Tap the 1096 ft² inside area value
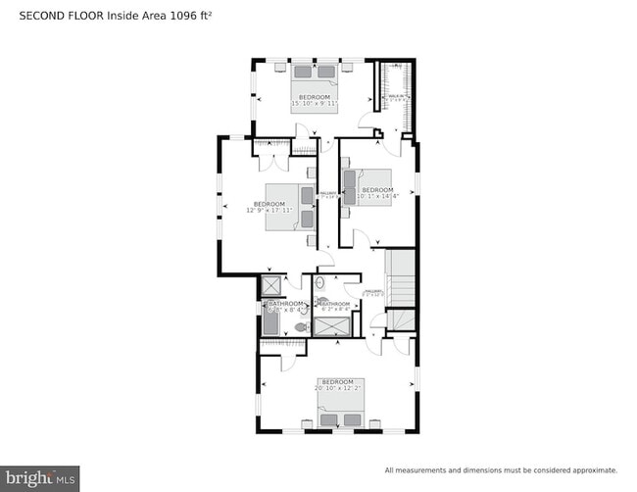(x=180, y=16)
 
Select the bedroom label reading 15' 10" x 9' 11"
(x=315, y=100)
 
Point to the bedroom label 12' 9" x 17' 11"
(x=269, y=207)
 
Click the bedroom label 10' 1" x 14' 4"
(x=376, y=192)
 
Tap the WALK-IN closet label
(x=397, y=97)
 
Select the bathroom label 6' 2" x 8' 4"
(x=335, y=307)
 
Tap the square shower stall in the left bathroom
(x=270, y=286)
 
